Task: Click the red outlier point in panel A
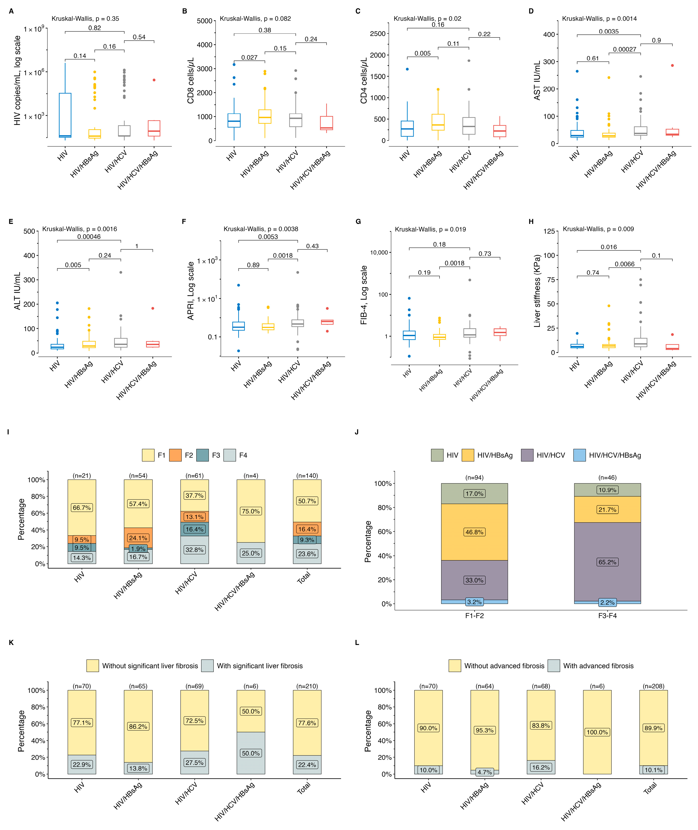click(154, 80)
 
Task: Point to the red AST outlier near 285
click(672, 66)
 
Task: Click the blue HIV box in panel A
click(65, 115)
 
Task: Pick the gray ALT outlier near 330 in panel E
click(121, 272)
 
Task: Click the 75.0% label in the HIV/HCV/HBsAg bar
click(251, 511)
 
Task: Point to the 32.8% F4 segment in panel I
click(194, 549)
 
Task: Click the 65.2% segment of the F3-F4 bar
click(607, 562)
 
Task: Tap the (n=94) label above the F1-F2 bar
click(474, 478)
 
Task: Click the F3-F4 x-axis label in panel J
click(607, 616)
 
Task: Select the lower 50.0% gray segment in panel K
click(251, 753)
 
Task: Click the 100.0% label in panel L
click(597, 732)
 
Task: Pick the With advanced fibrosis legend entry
click(591, 666)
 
